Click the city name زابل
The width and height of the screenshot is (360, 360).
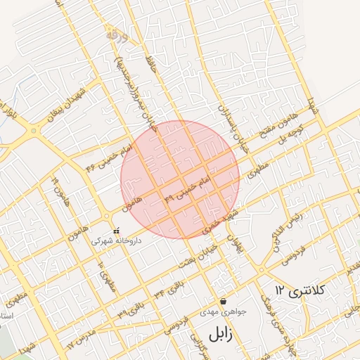pyautogui.click(x=214, y=333)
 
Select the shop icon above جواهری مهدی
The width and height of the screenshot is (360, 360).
pyautogui.click(x=223, y=300)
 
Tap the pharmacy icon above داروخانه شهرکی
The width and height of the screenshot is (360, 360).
pyautogui.click(x=116, y=230)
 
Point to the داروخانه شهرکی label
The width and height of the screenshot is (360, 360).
pyautogui.click(x=116, y=240)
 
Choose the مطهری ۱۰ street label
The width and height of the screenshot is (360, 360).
pyautogui.click(x=107, y=278)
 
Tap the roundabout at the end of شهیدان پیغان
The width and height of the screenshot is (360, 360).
pyautogui.click(x=32, y=131)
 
